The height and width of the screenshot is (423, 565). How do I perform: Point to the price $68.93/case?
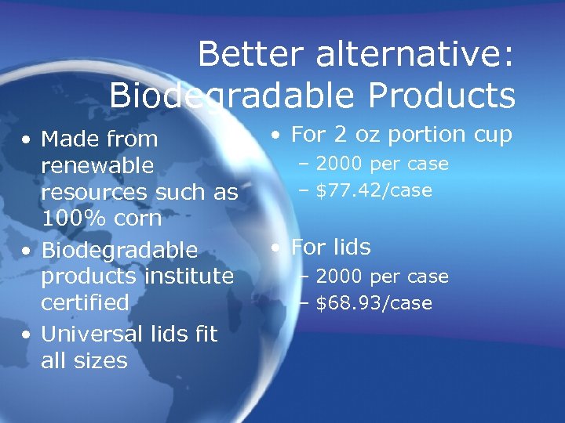pyautogui.click(x=374, y=303)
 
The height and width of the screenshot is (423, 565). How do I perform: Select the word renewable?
pyautogui.click(x=97, y=166)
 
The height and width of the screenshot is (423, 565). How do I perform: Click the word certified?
pyautogui.click(x=85, y=302)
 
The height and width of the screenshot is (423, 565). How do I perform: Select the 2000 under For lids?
pyautogui.click(x=339, y=277)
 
